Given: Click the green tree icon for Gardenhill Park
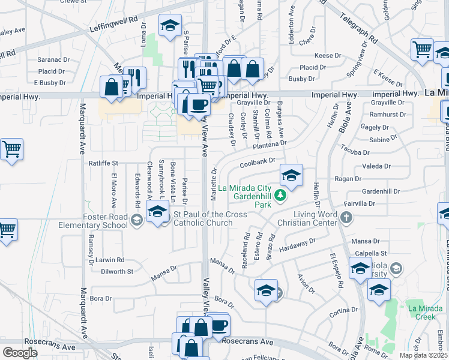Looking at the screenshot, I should coord(280,195).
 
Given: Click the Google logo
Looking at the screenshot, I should coord(20,353).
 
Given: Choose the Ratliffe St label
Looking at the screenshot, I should coord(104,163).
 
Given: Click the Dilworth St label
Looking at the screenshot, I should coord(117,272).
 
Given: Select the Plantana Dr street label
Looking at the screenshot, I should coord(270,145).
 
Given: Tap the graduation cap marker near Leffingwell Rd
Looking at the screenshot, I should coord(170,26).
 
